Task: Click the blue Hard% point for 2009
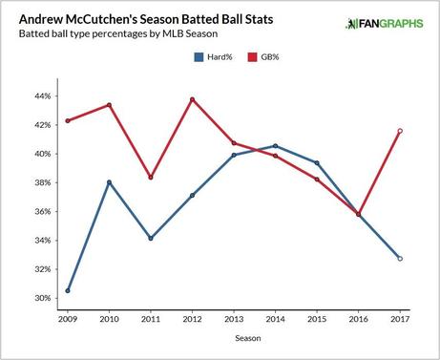(67, 290)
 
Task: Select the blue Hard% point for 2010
(109, 182)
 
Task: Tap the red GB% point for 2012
(192, 99)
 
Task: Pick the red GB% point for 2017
(400, 131)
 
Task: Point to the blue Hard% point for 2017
(400, 259)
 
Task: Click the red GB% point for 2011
(151, 178)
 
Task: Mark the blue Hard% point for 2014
(275, 146)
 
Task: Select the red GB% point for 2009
(67, 120)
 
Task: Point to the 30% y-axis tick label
(43, 298)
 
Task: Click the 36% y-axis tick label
(43, 211)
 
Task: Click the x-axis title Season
(233, 337)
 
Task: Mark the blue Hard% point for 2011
(151, 238)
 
